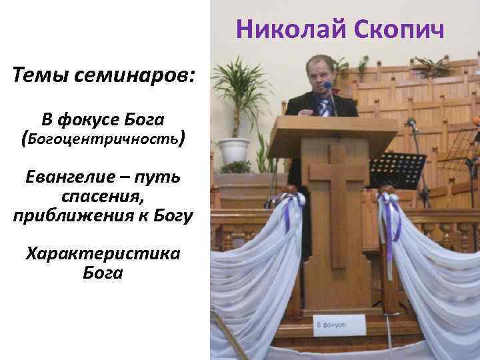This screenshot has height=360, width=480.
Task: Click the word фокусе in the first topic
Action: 90,119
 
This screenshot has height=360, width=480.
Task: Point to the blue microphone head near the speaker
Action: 327,86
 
